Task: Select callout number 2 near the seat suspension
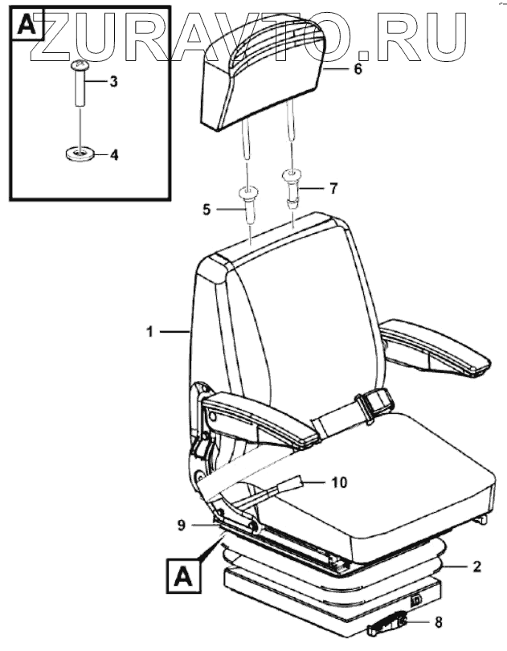tap(476, 567)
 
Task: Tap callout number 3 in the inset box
tap(114, 82)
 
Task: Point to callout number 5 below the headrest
tap(206, 211)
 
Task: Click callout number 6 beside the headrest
tap(358, 69)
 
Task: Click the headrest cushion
tap(265, 80)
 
